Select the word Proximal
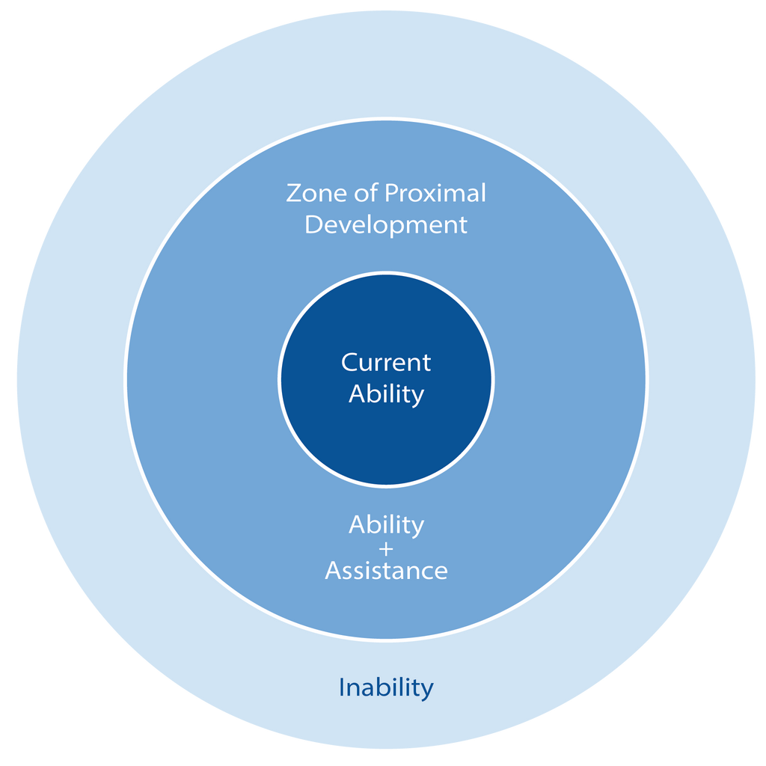click(x=435, y=193)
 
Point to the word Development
click(x=386, y=224)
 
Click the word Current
click(x=386, y=363)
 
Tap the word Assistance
click(x=386, y=572)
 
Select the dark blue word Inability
click(x=386, y=687)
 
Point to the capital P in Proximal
click(x=391, y=193)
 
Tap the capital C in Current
click(x=350, y=363)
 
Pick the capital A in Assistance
click(x=334, y=572)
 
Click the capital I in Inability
click(x=343, y=687)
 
